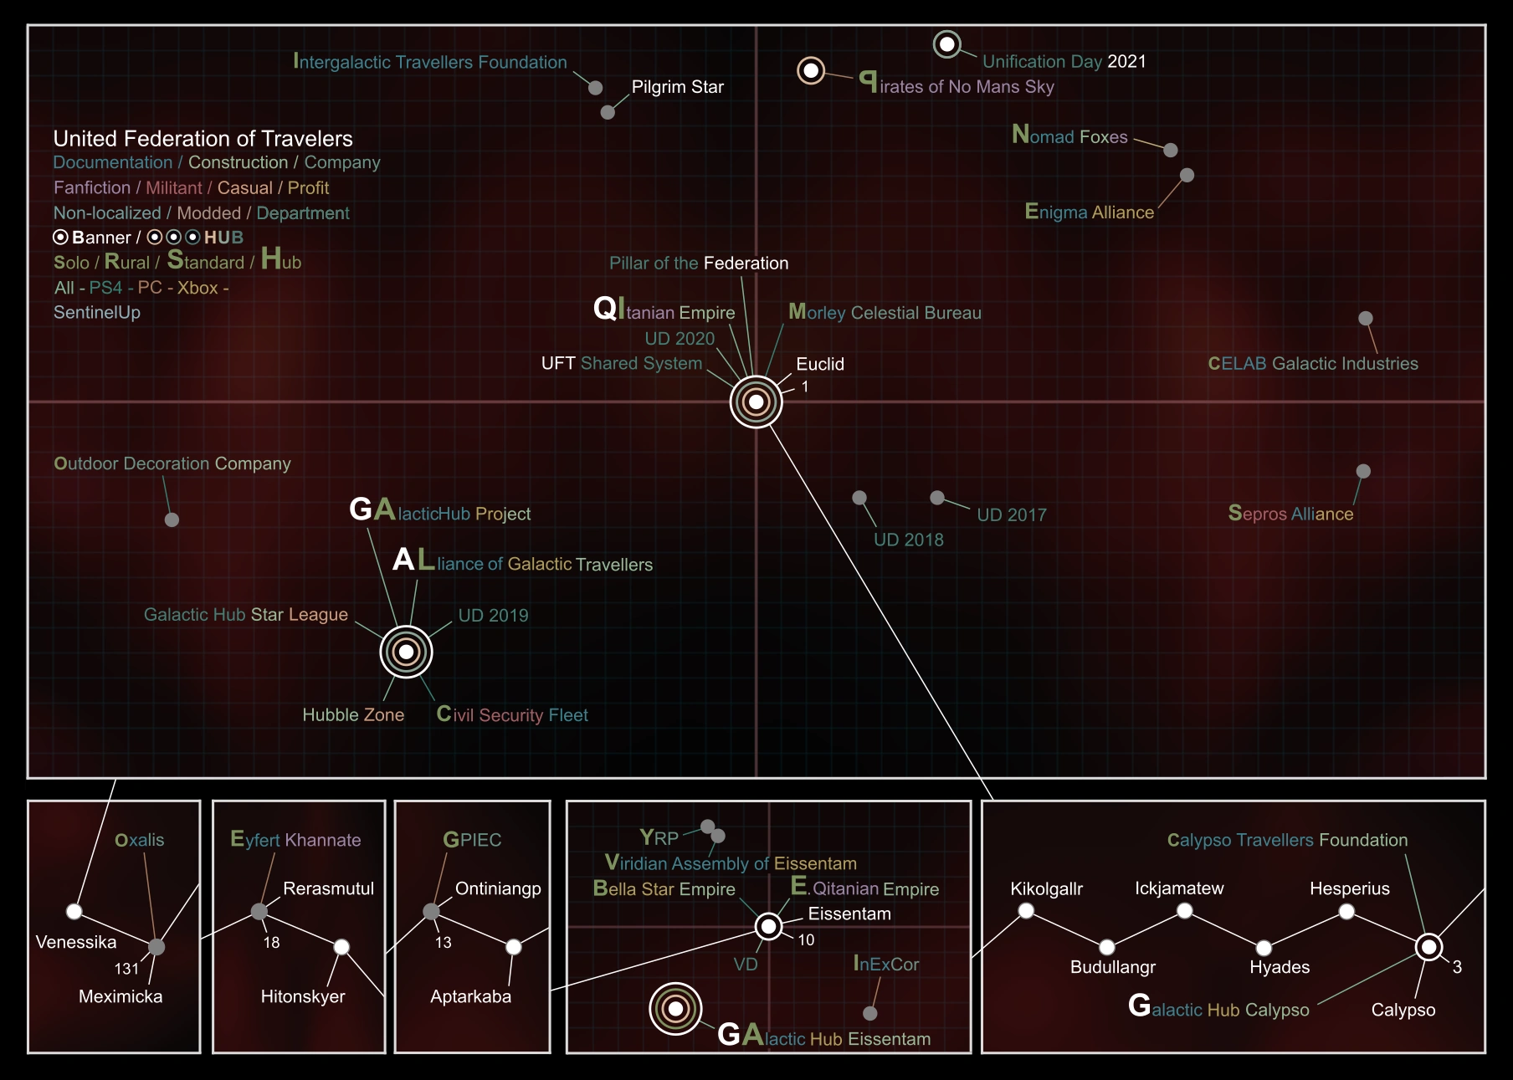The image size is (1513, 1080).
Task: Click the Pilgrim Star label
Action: (677, 87)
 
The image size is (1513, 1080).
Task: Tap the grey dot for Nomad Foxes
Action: (1171, 150)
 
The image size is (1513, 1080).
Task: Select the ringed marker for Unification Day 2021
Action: (946, 44)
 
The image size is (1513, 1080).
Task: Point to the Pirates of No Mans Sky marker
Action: (811, 70)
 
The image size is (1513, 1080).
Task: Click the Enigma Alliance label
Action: (1090, 212)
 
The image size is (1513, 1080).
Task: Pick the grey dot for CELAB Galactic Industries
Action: (1366, 318)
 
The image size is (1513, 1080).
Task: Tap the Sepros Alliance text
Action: (1290, 514)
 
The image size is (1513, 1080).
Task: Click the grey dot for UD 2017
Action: (937, 498)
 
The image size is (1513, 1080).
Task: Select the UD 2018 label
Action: (909, 540)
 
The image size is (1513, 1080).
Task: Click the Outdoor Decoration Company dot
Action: (172, 520)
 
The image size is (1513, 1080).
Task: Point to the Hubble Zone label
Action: (353, 715)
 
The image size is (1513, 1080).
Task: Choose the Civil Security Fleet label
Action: (512, 714)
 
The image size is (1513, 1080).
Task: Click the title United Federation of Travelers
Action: (203, 138)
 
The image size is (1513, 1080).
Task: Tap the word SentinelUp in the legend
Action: (97, 313)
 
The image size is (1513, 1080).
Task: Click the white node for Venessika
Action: (74, 911)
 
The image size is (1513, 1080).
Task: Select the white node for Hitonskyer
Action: (341, 947)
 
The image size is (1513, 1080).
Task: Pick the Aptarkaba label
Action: (470, 996)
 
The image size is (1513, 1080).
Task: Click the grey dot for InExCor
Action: (870, 1013)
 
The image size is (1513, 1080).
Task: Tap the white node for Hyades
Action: (1264, 948)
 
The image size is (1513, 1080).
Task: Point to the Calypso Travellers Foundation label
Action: (1287, 840)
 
